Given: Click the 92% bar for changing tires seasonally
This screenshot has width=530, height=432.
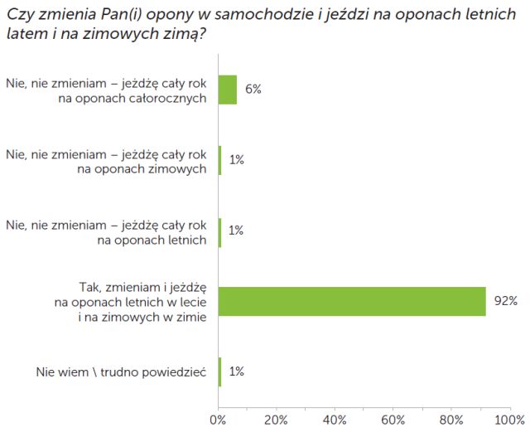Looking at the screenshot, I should coord(352,301).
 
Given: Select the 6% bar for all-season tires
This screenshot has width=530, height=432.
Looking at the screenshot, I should coord(228,90).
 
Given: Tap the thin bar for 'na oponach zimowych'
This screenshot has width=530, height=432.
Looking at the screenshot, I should coord(220,160).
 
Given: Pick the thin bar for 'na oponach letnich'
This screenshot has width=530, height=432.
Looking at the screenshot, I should coord(220,231).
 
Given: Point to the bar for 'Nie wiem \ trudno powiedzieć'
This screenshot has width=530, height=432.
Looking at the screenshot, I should coord(220,371).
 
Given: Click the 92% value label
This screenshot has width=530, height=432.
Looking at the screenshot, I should coord(506,301).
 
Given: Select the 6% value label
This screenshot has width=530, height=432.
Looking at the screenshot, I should coord(253,90).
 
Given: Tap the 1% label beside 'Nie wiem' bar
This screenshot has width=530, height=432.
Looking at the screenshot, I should coord(236,371).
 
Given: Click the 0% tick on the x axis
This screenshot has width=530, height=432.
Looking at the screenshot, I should coord(219,419).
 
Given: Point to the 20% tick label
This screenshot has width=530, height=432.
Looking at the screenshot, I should coord(277,419).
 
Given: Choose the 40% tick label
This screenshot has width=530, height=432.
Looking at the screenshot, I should coord(335,419).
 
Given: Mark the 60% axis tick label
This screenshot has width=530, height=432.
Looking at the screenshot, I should coord(393,419).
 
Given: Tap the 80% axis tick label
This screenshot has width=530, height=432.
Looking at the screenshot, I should coord(451,419).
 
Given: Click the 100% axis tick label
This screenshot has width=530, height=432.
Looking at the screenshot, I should coord(508,419).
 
